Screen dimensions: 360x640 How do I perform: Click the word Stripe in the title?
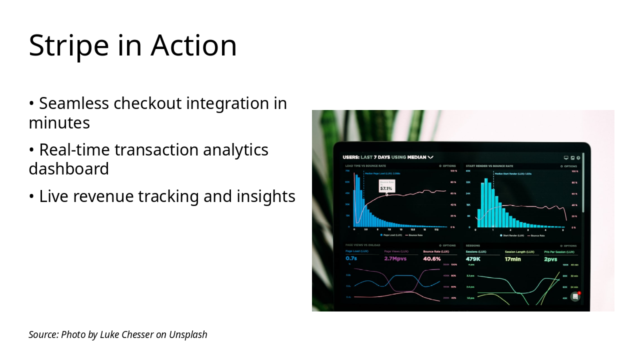click(68, 45)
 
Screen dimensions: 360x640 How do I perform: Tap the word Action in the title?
click(193, 45)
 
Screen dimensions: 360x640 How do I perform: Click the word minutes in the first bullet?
click(59, 122)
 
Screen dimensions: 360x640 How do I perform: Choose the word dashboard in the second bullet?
click(68, 169)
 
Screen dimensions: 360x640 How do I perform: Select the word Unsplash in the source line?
click(188, 334)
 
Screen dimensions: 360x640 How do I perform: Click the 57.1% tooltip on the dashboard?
click(386, 188)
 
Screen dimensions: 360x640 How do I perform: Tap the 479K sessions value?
click(473, 259)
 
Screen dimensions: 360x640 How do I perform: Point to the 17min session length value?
click(512, 259)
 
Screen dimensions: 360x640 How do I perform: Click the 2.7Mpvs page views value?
click(394, 259)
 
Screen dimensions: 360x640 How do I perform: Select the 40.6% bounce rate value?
click(431, 259)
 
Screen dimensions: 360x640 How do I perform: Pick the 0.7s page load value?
click(351, 259)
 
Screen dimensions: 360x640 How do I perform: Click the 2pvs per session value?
click(550, 259)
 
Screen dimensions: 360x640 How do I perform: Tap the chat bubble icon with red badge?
click(575, 296)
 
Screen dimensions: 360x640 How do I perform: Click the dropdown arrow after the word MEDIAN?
click(430, 157)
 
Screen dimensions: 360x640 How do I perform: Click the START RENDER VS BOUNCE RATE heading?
click(489, 166)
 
